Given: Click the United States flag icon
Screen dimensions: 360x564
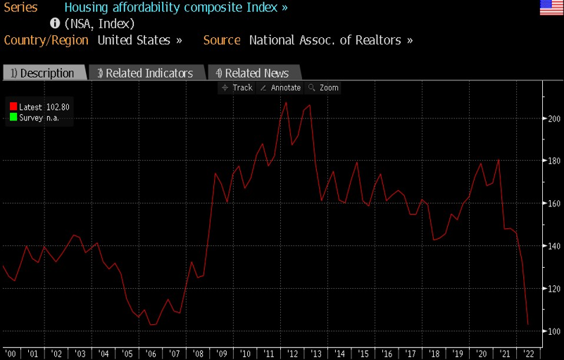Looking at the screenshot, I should click(x=551, y=8).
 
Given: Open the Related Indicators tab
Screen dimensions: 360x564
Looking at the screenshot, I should click(x=146, y=73).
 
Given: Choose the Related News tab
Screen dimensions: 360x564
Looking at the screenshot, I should click(x=253, y=73).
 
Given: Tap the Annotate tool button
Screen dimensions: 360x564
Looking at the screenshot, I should click(x=280, y=88).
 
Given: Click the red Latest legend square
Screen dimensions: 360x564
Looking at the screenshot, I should click(x=13, y=107).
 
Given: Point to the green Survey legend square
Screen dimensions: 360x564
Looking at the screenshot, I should click(x=13, y=118).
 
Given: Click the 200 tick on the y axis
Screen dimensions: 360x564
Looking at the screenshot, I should click(x=553, y=118).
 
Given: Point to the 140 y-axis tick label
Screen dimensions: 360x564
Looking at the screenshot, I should click(x=553, y=246).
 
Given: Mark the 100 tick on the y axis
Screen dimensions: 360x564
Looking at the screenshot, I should click(x=553, y=331).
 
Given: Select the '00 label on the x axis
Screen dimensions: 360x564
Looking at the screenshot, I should click(x=11, y=353).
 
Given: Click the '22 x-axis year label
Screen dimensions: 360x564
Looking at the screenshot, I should click(x=528, y=353).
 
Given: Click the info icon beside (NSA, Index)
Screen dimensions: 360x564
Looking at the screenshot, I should click(x=54, y=23).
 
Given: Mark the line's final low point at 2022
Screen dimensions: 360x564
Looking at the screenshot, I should click(x=528, y=325).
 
